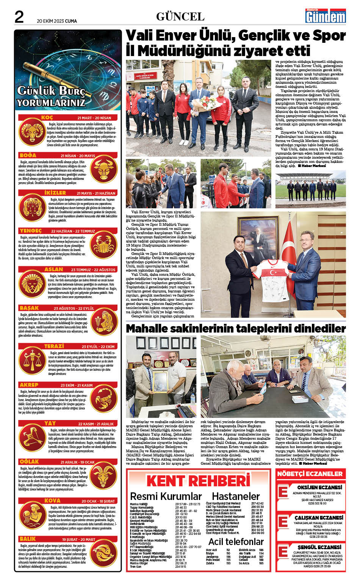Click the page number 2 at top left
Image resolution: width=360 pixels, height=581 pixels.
19,17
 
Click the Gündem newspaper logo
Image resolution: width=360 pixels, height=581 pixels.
326,16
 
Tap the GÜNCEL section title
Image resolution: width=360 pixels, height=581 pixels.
180,16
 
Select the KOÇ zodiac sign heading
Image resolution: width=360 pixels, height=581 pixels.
47,117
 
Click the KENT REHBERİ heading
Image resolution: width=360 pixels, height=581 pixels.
199,481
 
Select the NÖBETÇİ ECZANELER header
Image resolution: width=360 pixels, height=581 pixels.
310,474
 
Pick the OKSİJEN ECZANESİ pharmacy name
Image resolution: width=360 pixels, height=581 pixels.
319,487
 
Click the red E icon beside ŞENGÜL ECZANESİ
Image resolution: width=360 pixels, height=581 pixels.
283,551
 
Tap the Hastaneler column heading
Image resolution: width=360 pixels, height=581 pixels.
235,496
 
